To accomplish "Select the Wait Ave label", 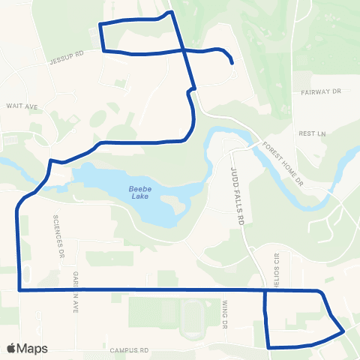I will coord(22,106).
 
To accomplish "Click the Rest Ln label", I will coord(310,133).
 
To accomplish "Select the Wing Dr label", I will coord(225,316).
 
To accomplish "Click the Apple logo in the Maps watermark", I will coord(11,348).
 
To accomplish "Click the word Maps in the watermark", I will coord(32,348).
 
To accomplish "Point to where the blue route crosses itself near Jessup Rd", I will coord(181,50).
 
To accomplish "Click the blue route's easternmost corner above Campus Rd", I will coord(343,329).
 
